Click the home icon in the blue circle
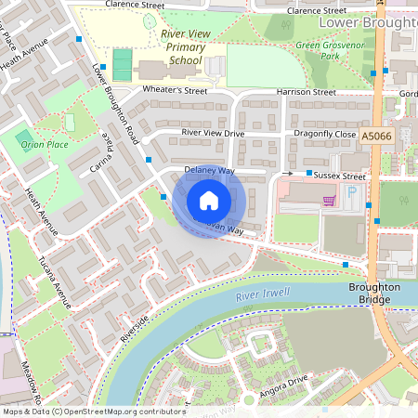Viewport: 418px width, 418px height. tap(209, 201)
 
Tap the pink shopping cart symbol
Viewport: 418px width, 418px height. tap(328, 200)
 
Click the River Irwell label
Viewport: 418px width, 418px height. tap(263, 295)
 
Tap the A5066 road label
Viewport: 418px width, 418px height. tap(376, 136)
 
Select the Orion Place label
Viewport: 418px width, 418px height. tap(46, 145)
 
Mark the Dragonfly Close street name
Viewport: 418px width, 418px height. tap(325, 135)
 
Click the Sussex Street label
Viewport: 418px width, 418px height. tap(340, 175)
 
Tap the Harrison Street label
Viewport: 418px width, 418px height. tap(306, 93)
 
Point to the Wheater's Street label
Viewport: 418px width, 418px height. tap(176, 90)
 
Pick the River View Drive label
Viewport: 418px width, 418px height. tap(213, 134)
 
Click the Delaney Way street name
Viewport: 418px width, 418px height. tap(209, 171)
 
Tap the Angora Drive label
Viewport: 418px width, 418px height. tap(284, 382)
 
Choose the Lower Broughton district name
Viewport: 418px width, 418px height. tap(367, 20)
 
